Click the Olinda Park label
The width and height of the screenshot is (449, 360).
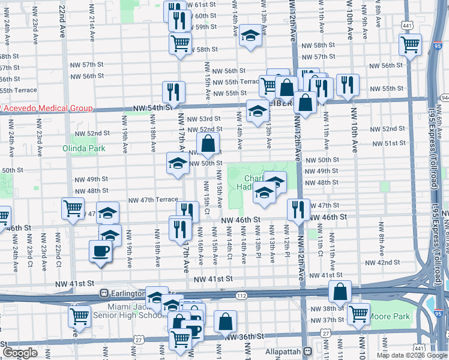click(84, 148)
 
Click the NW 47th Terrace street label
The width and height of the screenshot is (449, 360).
click(154, 200)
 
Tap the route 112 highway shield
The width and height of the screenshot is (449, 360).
click(241, 295)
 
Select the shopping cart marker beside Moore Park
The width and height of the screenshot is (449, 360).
click(358, 313)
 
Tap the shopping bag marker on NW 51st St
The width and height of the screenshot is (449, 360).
click(208, 144)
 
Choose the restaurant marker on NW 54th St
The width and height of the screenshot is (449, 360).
click(173, 92)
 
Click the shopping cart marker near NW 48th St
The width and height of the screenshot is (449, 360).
click(73, 208)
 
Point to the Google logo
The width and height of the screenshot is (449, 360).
click(20, 353)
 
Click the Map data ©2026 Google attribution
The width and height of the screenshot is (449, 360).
click(411, 355)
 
